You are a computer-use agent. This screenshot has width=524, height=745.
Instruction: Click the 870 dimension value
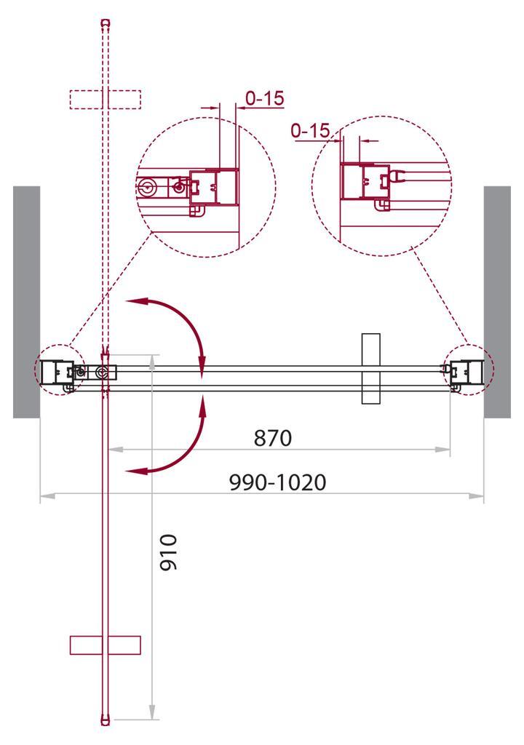coord(272,438)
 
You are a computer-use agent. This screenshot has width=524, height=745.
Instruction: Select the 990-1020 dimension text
coord(277,482)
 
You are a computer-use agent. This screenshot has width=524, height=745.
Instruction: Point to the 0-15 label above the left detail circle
coord(264,98)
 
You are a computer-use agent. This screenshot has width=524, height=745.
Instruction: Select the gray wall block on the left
coord(26,301)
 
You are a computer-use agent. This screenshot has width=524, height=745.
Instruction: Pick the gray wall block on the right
coord(497,301)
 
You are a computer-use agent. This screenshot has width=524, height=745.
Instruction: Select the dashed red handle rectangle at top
coord(105,99)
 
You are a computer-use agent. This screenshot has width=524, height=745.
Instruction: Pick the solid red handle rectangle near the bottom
coord(105,645)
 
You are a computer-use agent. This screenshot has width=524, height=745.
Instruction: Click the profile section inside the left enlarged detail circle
coord(214,186)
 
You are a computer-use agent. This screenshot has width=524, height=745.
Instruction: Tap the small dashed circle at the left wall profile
coord(60,370)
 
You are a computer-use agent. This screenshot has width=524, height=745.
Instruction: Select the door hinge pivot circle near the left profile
coord(102,373)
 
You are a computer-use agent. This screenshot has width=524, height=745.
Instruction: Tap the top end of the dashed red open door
coord(106,23)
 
